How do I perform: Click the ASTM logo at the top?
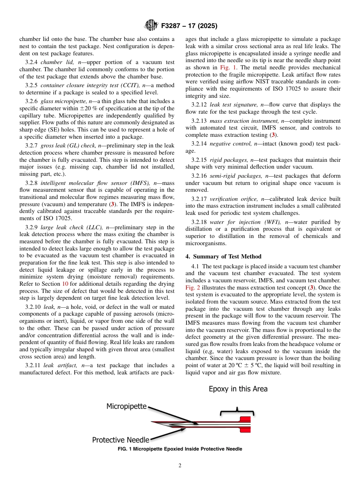[151, 26]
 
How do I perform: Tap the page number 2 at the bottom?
[180, 466]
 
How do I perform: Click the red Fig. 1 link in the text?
[226, 68]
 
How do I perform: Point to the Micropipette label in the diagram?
[126, 406]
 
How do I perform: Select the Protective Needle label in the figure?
[121, 440]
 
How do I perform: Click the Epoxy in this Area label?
[238, 389]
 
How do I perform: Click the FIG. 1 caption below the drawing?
[180, 449]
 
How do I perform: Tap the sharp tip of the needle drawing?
[152, 422]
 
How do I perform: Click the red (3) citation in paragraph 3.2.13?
[273, 135]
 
